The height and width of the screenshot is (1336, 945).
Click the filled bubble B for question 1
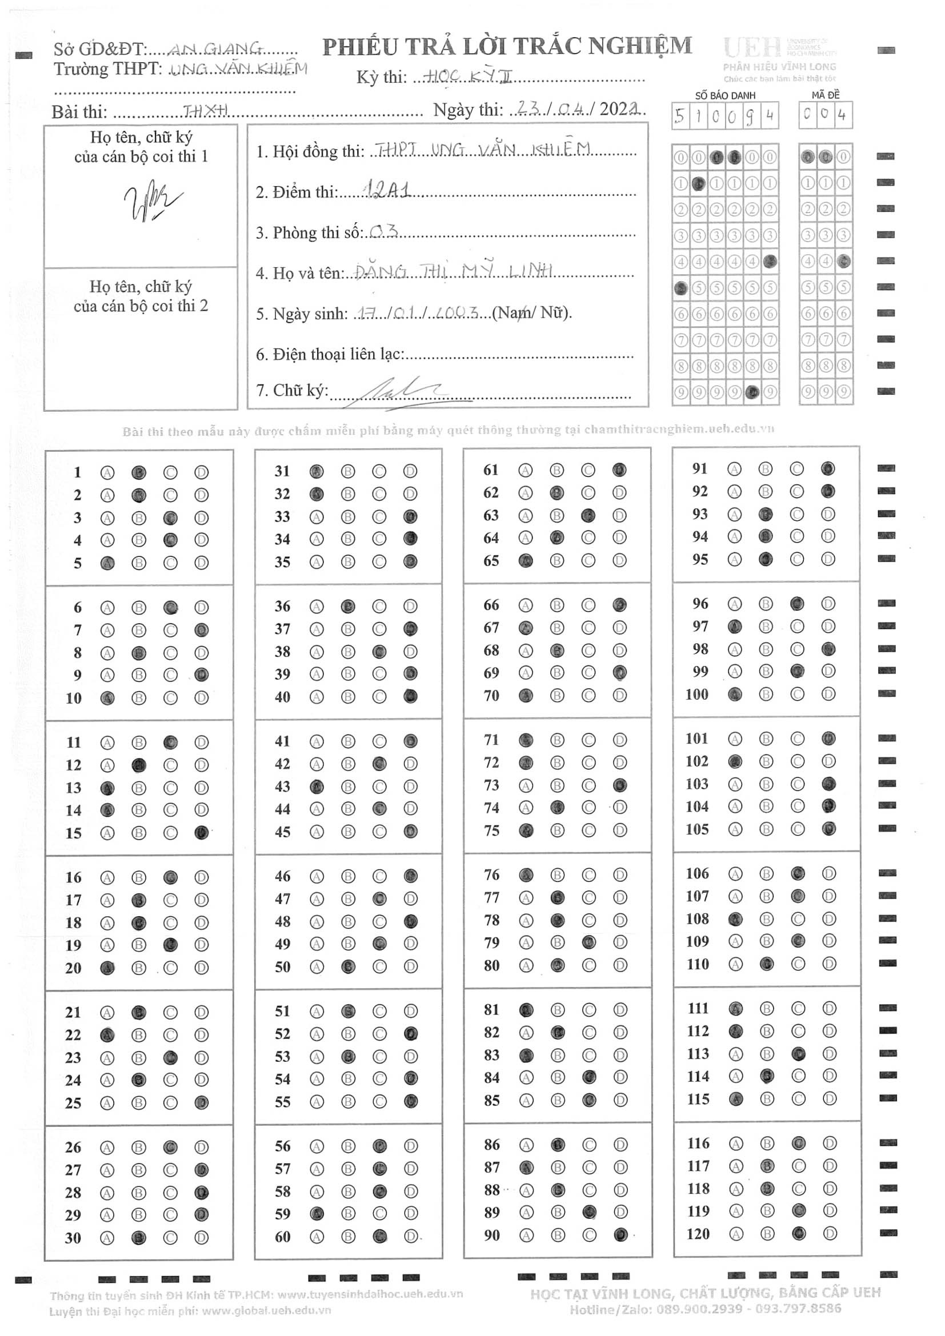click(x=138, y=472)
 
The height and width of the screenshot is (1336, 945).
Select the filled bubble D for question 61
click(x=619, y=470)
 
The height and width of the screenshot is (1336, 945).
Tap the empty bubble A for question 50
click(x=317, y=966)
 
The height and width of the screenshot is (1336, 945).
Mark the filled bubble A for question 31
click(x=317, y=471)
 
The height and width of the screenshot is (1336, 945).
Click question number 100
click(x=696, y=694)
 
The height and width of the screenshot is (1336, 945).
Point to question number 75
click(x=492, y=831)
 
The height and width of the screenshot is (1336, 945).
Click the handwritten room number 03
click(x=384, y=231)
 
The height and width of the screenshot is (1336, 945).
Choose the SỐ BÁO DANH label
click(x=724, y=95)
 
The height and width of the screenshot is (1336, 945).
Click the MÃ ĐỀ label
click(x=825, y=95)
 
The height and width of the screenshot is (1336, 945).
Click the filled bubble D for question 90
click(x=620, y=1234)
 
